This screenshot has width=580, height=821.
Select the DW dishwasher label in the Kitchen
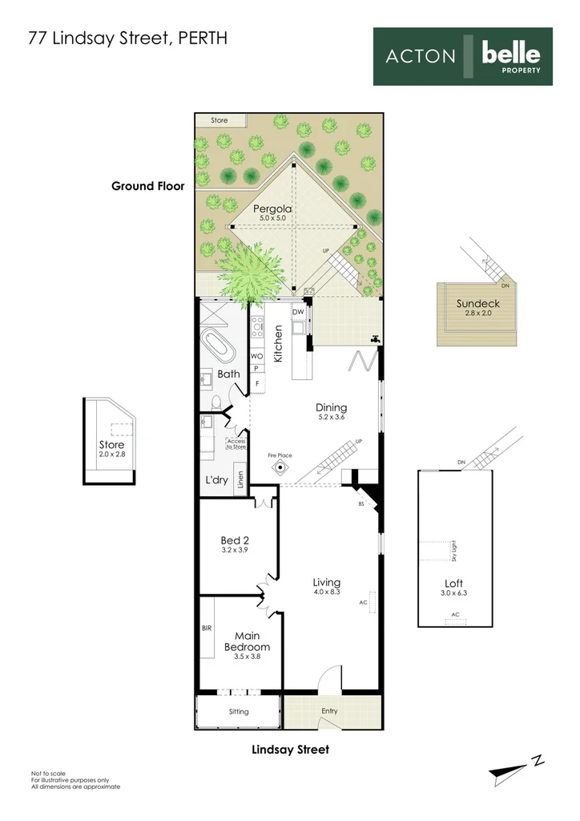click(298, 312)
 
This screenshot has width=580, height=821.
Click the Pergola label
click(272, 209)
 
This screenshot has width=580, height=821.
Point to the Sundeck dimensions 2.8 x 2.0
click(477, 313)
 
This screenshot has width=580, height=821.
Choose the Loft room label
click(453, 584)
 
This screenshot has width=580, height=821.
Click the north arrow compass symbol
click(516, 769)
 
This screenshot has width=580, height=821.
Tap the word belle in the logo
click(511, 54)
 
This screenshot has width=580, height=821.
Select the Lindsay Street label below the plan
click(290, 750)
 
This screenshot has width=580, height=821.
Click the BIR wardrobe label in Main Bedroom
click(207, 628)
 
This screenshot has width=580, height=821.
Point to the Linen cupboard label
click(240, 479)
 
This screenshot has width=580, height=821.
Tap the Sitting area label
click(239, 712)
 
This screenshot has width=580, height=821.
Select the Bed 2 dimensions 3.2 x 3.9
click(234, 550)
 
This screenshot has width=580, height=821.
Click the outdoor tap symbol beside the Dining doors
click(374, 339)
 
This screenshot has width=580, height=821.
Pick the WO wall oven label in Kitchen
click(257, 356)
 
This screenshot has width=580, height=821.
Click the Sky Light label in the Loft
click(454, 551)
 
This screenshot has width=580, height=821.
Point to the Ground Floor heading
click(148, 186)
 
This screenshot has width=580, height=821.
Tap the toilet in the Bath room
click(216, 402)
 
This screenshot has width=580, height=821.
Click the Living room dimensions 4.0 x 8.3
click(327, 592)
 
